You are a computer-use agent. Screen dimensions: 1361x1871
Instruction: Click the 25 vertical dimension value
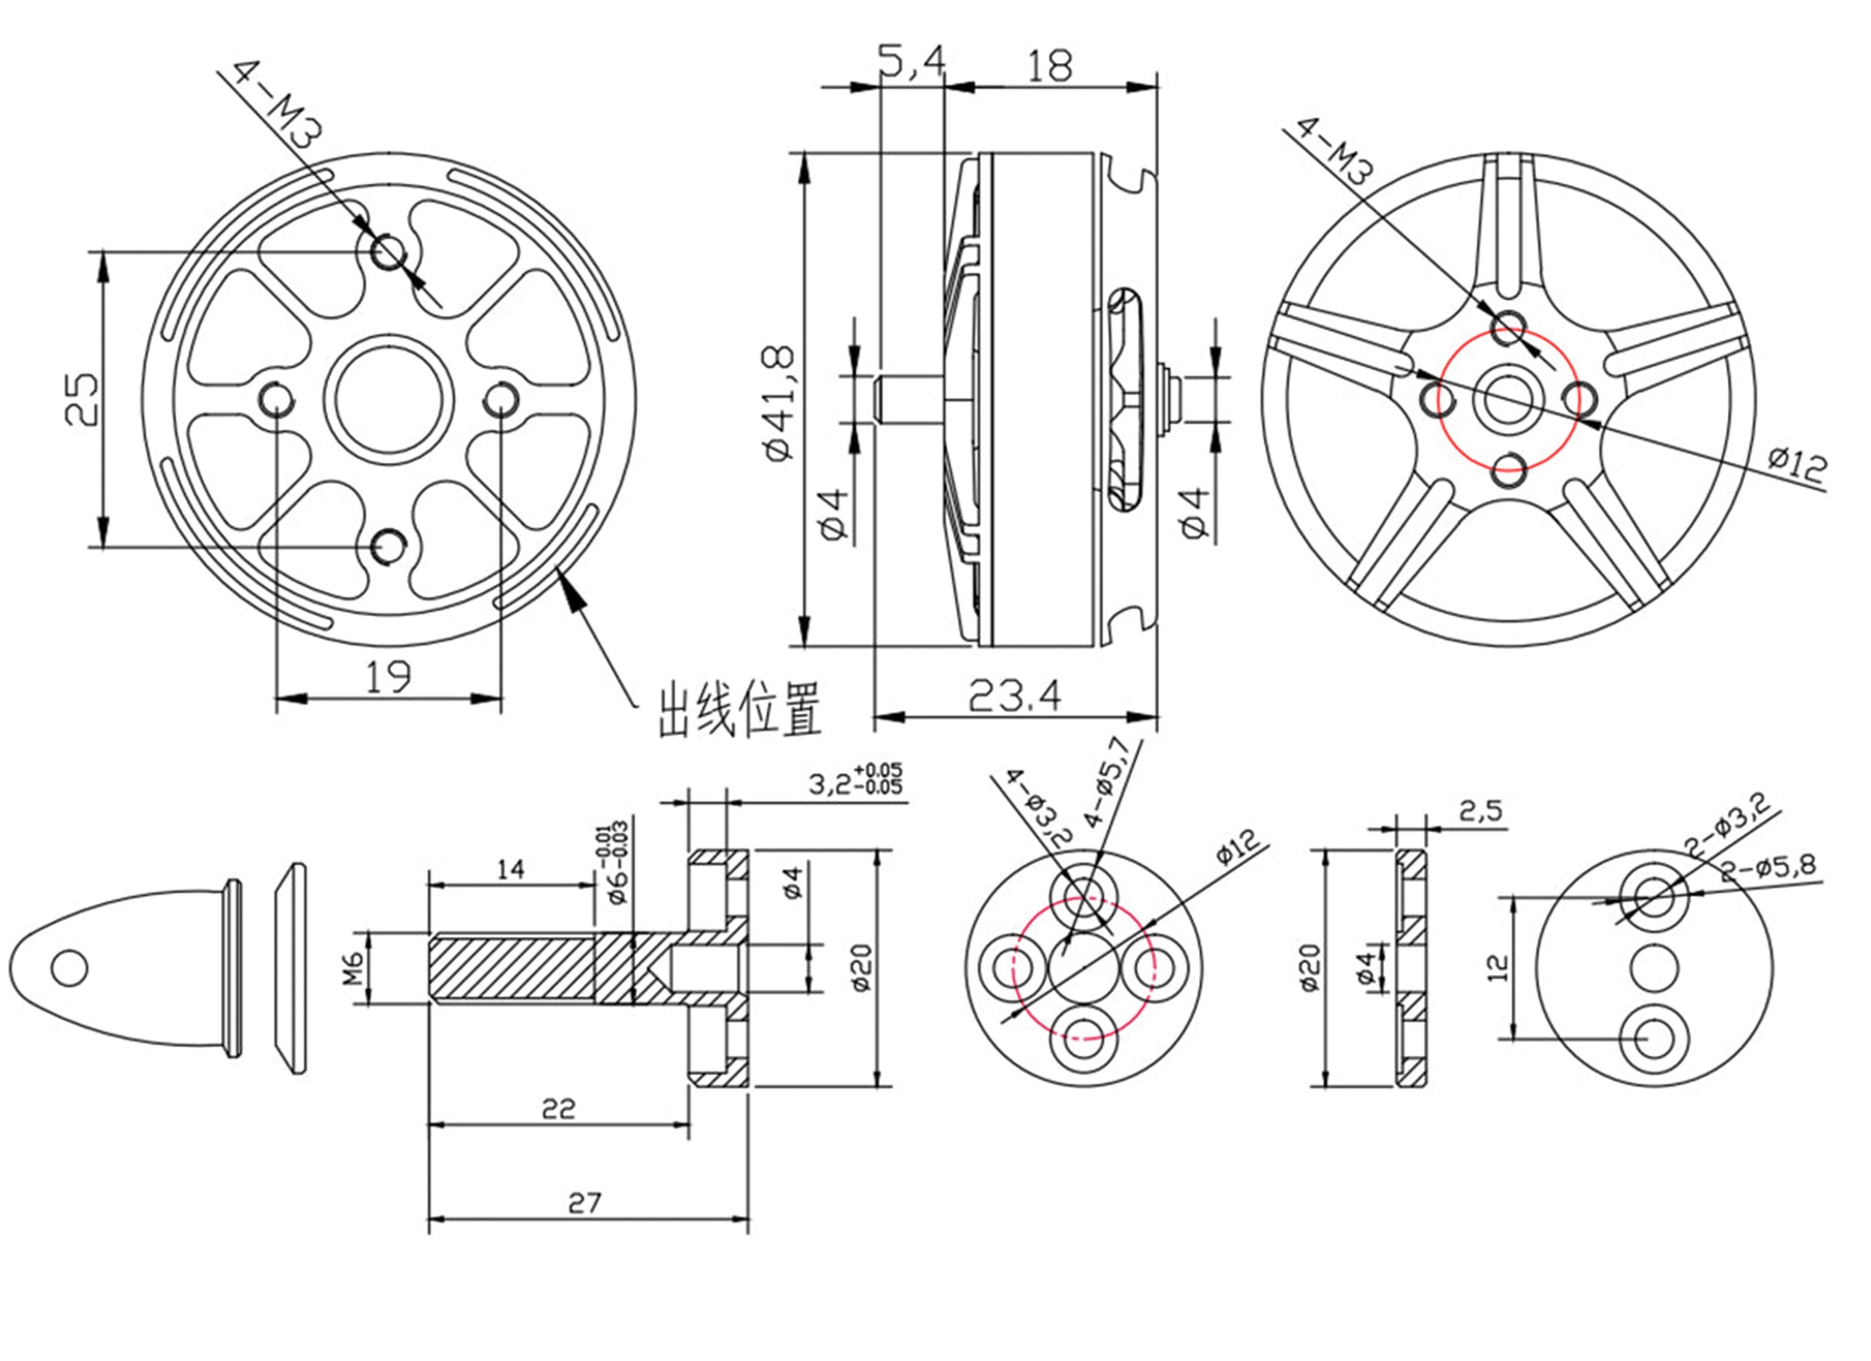82,400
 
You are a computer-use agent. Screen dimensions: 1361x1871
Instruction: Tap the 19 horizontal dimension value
388,677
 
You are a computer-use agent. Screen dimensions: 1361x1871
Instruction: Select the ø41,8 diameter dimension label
780,403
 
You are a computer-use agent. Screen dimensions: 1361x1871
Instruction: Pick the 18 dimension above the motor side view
1050,66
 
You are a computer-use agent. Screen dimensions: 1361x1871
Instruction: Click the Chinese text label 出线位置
739,709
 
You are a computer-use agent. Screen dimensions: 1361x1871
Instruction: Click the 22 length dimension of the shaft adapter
558,1110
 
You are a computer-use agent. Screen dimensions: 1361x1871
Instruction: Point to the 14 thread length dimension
510,869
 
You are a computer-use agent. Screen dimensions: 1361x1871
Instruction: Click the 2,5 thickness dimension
1481,812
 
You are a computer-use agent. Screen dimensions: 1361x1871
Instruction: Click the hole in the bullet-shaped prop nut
70,967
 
